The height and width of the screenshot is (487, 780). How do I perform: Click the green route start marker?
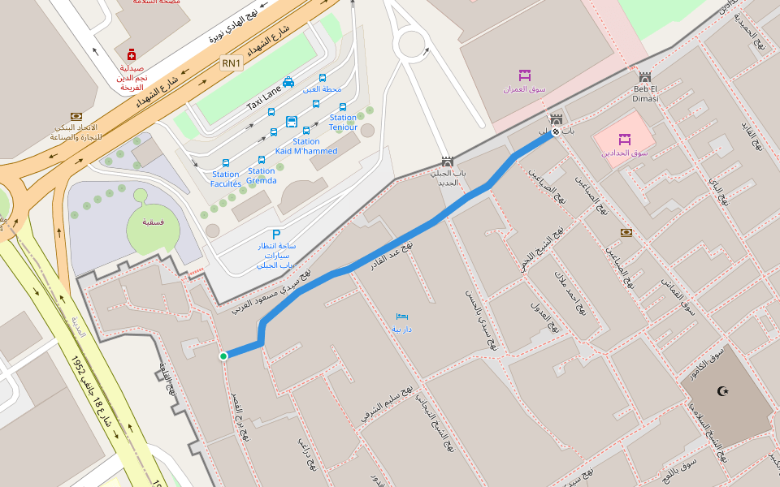tap(223, 356)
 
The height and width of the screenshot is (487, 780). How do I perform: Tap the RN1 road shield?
tap(232, 62)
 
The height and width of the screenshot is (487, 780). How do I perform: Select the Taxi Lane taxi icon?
tap(288, 82)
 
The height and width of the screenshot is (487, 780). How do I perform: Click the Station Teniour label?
tap(343, 123)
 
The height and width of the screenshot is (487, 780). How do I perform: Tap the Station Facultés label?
tap(226, 179)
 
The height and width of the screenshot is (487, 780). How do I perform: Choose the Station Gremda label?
tap(262, 175)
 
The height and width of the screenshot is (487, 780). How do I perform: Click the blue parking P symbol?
tap(264, 235)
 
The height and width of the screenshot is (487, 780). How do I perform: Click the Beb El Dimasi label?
tap(645, 93)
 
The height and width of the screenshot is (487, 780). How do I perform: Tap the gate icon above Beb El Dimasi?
tap(645, 77)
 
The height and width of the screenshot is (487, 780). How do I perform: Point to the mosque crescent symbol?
tap(723, 391)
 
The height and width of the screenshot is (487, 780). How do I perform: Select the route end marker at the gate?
tap(556, 131)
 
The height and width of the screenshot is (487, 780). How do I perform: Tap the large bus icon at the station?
tap(292, 123)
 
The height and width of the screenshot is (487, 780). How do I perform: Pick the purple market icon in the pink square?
tap(625, 139)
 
